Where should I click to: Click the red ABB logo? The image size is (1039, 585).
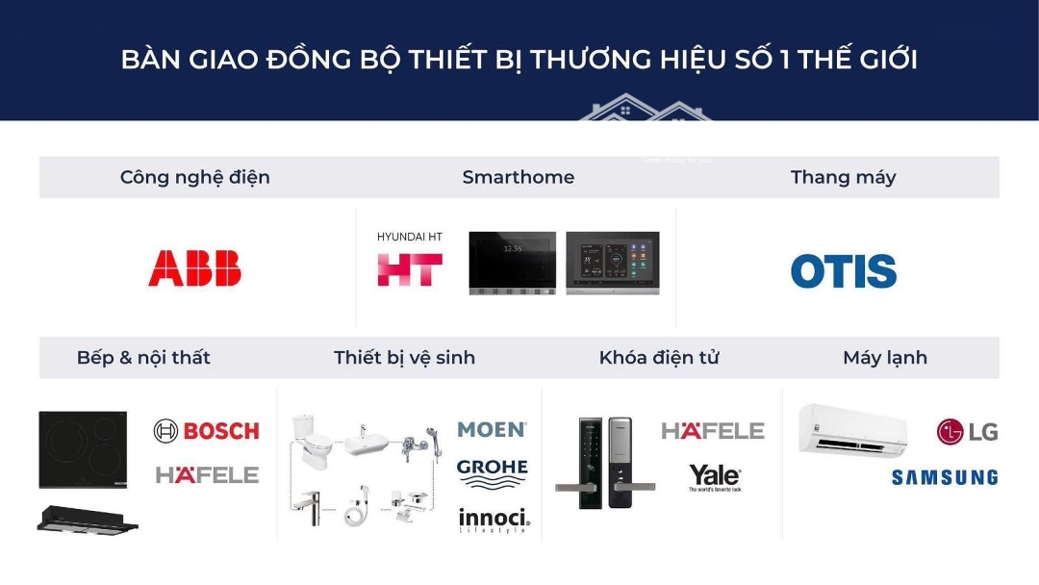pos(194,268)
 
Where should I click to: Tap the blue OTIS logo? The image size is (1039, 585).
pos(844,271)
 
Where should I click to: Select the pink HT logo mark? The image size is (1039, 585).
pos(410,270)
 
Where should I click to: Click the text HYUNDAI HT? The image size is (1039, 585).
pos(410,237)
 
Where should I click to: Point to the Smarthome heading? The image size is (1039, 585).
pos(518,177)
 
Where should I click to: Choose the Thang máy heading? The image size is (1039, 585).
pos(843,177)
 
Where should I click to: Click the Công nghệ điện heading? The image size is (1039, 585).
pos(194,177)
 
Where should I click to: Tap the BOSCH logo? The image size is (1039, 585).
pos(207,431)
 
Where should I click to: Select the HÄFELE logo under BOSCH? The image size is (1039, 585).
pos(207,474)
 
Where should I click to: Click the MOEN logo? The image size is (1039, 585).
pos(492,429)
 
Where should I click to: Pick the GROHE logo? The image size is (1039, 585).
pos(492,471)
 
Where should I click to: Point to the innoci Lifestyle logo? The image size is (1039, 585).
pos(494,521)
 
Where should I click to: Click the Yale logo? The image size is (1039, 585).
pos(715,477)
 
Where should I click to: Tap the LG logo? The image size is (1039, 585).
pos(967,432)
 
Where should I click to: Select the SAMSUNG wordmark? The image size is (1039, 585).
pos(944,477)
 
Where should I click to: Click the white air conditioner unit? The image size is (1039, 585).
pos(852,429)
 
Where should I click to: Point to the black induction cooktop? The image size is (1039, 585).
pos(83,449)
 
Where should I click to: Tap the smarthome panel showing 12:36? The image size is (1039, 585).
pos(512,263)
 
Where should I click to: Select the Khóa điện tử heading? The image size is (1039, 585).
pos(659,358)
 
